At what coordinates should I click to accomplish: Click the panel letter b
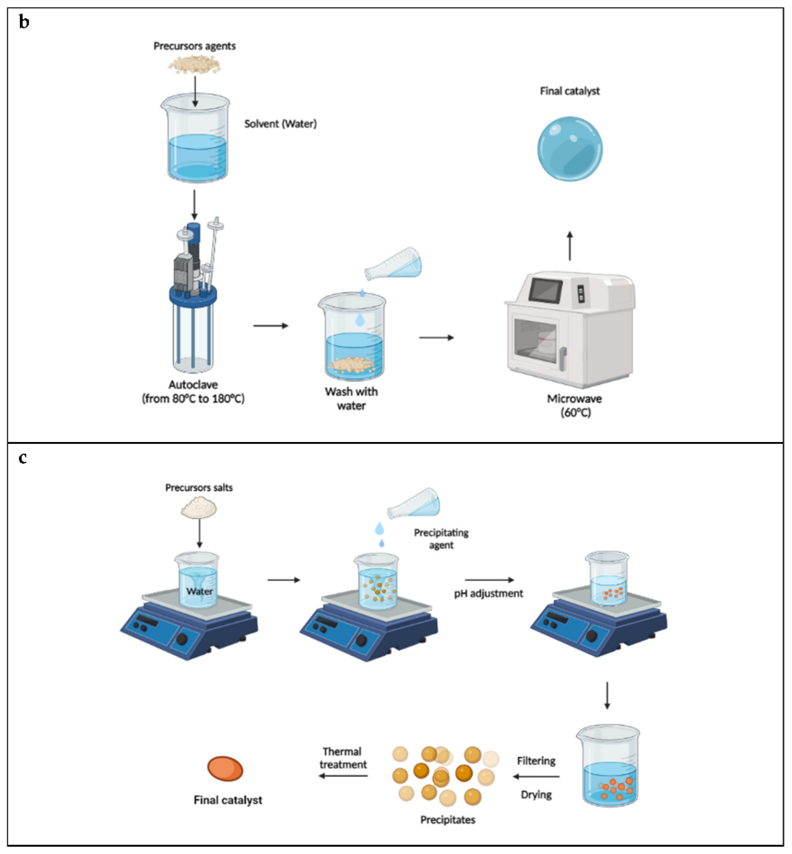tap(24, 22)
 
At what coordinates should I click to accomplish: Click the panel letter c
tap(23, 458)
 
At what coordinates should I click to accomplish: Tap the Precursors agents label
tap(195, 46)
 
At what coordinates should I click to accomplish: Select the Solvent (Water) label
tap(280, 124)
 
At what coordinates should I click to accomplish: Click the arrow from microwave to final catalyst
tap(570, 246)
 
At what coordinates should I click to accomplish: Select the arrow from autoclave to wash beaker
tap(270, 326)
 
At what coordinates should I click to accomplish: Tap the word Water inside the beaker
tap(199, 591)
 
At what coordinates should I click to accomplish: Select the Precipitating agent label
tap(441, 539)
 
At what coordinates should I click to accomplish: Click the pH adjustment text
tap(488, 594)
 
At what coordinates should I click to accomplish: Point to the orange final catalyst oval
tap(225, 768)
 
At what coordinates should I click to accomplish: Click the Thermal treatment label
tap(343, 758)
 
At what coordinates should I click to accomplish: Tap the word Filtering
tap(536, 761)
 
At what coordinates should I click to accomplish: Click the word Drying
tap(536, 794)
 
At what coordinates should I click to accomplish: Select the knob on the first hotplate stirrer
tap(182, 640)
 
